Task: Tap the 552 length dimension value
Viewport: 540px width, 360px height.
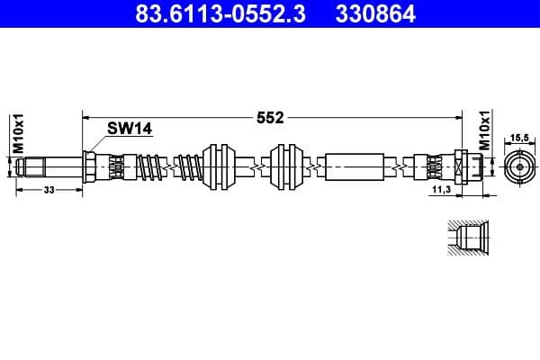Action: point(270,117)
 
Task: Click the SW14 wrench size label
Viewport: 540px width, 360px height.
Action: point(130,129)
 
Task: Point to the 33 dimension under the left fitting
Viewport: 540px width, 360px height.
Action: point(49,190)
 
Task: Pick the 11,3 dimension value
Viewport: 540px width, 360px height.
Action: point(440,192)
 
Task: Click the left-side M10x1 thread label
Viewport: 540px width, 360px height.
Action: point(17,132)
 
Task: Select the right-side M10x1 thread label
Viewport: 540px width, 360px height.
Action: point(485,130)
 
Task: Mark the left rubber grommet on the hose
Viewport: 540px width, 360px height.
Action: point(220,166)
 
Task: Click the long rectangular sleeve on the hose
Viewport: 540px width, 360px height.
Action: point(358,166)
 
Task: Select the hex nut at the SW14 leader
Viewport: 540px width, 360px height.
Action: point(90,166)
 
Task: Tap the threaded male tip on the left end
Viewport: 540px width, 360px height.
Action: point(34,166)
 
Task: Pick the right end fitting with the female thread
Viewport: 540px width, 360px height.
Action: point(464,166)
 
